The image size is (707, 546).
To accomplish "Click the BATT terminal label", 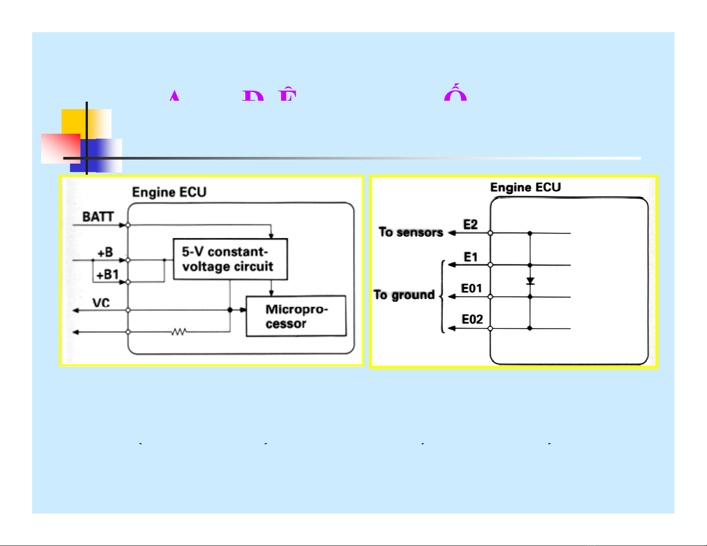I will tap(98, 217).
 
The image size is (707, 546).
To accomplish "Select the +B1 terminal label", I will tap(107, 275).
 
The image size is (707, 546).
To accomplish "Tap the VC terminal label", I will tap(101, 303).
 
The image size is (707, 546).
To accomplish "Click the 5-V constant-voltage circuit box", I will tap(230, 259).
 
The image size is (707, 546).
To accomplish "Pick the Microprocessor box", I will tap(296, 316).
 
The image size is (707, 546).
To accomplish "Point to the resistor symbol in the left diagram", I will tap(179, 332).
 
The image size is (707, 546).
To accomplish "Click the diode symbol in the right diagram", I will tap(530, 281).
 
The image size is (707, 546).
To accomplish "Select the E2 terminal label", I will tap(471, 225).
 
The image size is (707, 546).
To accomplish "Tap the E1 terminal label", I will tap(471, 257).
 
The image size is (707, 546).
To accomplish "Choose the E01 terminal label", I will tap(471, 289).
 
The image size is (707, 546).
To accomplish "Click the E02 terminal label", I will tap(472, 320).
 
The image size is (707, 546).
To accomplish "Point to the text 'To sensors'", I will tap(411, 232).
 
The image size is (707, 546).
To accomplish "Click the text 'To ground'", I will tap(404, 295).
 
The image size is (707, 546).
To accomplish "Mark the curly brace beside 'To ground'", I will tap(442, 296).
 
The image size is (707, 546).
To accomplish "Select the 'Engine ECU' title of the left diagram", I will tap(170, 193).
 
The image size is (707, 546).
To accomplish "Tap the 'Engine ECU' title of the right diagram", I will tap(525, 188).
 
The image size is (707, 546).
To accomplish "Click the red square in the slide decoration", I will tap(60, 148).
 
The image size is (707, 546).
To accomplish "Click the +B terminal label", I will tap(105, 253).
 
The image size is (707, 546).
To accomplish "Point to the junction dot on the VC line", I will tap(230, 310).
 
